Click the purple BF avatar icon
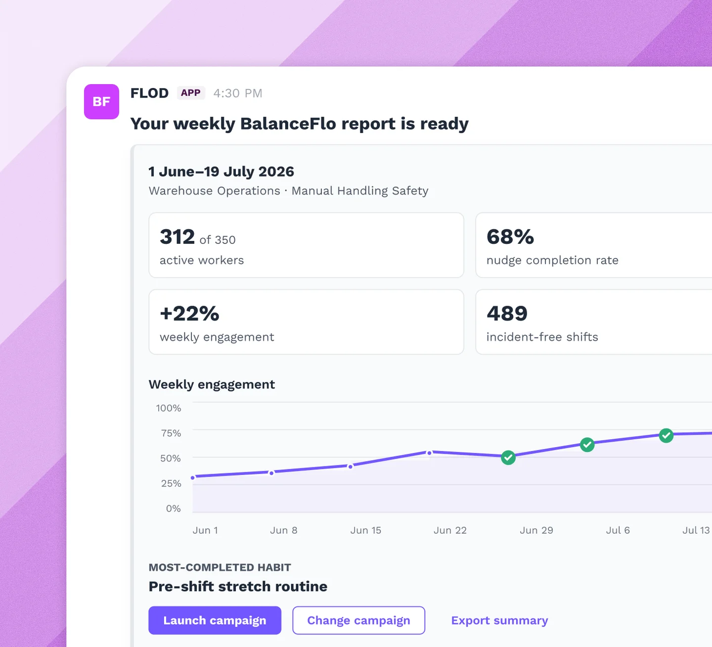pyautogui.click(x=101, y=101)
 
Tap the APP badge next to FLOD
pyautogui.click(x=191, y=93)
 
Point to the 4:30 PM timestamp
pyautogui.click(x=238, y=93)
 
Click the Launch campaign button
pyautogui.click(x=215, y=620)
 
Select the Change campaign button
pyautogui.click(x=358, y=620)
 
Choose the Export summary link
pyautogui.click(x=499, y=620)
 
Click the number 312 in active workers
pyautogui.click(x=177, y=237)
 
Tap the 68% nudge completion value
pyautogui.click(x=510, y=237)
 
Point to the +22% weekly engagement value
pyautogui.click(x=189, y=314)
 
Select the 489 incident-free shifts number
pyautogui.click(x=507, y=314)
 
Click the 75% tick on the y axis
pyautogui.click(x=171, y=433)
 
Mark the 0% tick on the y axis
pyautogui.click(x=173, y=508)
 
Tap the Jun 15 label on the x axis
pyautogui.click(x=365, y=530)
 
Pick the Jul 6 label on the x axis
pyautogui.click(x=618, y=530)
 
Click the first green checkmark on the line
pyautogui.click(x=508, y=458)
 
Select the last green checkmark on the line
pyautogui.click(x=666, y=435)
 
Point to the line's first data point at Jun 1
pyautogui.click(x=193, y=478)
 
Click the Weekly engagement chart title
pyautogui.click(x=212, y=384)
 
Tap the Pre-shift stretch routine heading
pyautogui.click(x=238, y=586)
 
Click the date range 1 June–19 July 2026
pyautogui.click(x=221, y=172)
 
